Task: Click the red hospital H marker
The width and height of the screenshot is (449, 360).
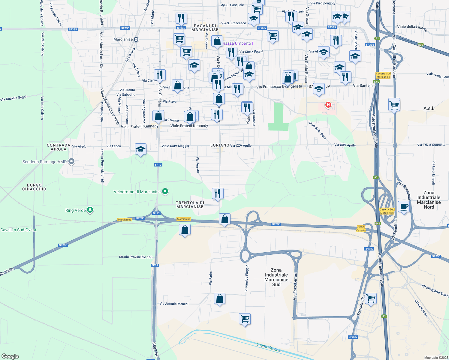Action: tap(328, 105)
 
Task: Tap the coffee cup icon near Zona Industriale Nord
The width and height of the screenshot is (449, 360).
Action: tap(404, 207)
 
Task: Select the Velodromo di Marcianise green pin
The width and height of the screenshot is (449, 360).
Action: tap(165, 191)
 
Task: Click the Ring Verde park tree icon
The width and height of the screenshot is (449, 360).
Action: tap(90, 210)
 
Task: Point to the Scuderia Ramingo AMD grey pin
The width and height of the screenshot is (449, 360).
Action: tap(71, 162)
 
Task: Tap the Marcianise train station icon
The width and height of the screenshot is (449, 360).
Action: tap(136, 39)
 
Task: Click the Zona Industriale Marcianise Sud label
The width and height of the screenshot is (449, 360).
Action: tap(276, 277)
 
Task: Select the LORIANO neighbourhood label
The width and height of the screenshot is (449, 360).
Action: tap(220, 145)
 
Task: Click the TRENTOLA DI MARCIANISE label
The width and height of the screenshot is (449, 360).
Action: tap(190, 205)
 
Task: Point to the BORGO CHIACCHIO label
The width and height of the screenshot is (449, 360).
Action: tap(34, 187)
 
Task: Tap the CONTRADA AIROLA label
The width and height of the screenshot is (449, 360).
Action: tap(59, 147)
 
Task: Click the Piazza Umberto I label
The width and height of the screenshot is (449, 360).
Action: tap(237, 43)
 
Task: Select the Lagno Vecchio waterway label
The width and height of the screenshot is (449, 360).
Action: tap(269, 347)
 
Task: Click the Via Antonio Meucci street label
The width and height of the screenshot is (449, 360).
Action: tap(174, 304)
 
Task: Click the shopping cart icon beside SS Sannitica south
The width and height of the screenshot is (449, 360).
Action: tap(371, 298)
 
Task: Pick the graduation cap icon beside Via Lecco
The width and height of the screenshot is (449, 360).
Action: tap(140, 149)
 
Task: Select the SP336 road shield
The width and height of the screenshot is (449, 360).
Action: tap(353, 337)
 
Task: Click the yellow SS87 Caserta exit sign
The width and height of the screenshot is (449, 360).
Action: tap(361, 229)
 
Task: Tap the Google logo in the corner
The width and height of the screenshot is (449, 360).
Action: tap(10, 356)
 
